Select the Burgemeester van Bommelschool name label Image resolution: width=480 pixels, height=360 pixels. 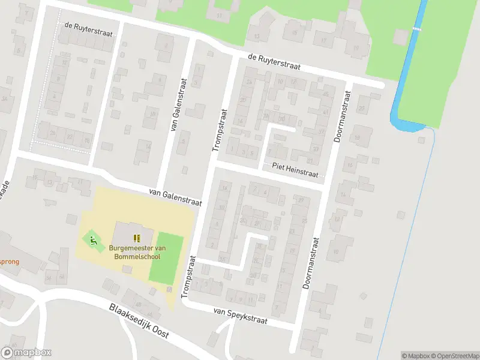(137, 252)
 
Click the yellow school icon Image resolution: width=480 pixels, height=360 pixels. (137, 238)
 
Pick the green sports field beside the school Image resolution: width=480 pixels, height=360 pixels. (165, 258)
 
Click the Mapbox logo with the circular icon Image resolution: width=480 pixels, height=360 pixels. (26, 353)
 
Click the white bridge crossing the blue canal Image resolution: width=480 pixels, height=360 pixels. (416, 29)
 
